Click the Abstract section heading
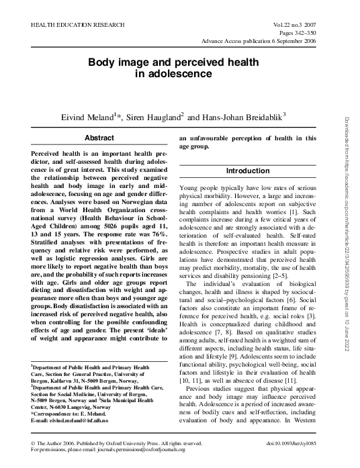pyautogui.click(x=98, y=138)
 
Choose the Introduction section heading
pyautogui.click(x=247, y=171)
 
